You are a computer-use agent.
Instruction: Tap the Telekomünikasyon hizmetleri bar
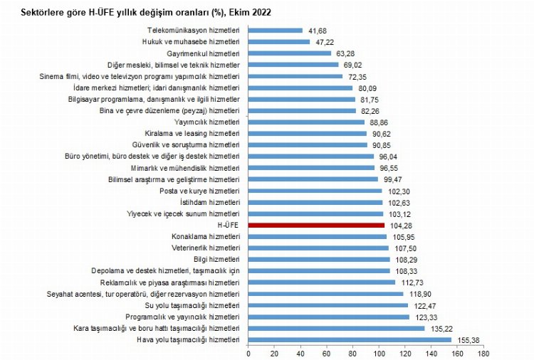tap(276, 31)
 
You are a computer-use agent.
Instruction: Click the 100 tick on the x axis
tap(379, 352)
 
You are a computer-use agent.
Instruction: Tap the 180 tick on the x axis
tap(483, 352)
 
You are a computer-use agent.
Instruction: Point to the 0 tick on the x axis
tap(248, 352)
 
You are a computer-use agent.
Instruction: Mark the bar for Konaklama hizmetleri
tap(318, 236)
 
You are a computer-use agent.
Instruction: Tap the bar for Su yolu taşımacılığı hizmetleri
tap(328, 305)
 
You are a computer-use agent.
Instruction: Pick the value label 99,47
tap(393, 179)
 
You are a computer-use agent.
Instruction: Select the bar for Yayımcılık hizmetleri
tap(306, 122)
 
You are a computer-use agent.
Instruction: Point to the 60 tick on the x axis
tap(327, 352)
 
